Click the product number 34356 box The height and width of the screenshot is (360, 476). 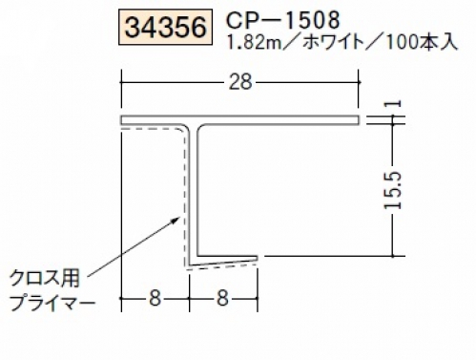coord(165,28)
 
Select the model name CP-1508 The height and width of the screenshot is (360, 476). coord(282,20)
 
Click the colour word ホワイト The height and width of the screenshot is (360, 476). coord(333,42)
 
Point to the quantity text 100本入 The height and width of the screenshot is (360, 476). coord(423,42)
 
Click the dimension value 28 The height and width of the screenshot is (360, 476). coord(240,82)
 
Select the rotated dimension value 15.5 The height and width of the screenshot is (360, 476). coord(393,190)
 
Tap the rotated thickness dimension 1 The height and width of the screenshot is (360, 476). coord(394,103)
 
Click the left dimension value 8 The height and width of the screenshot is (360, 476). coord(155,299)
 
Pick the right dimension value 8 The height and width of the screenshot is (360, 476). coord(222,299)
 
